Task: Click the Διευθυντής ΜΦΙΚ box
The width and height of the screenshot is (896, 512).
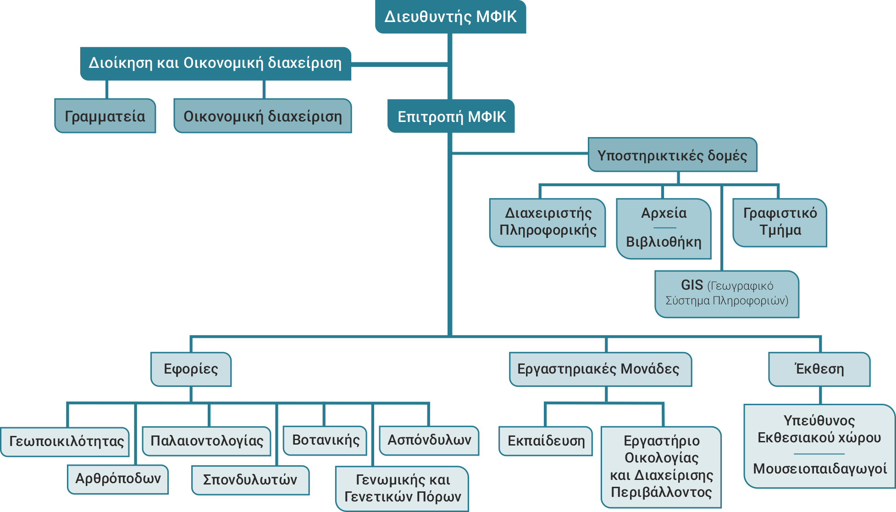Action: click(450, 17)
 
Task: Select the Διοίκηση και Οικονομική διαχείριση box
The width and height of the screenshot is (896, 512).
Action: click(215, 63)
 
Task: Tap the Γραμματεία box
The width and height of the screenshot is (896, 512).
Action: click(105, 116)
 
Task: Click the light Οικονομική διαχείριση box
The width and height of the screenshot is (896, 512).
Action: click(262, 116)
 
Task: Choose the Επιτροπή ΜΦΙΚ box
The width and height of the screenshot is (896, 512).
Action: click(451, 116)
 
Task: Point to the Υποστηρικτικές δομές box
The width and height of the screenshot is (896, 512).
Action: click(672, 155)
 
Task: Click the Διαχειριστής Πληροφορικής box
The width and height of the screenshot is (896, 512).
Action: click(548, 222)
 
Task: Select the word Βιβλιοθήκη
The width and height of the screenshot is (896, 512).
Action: click(664, 242)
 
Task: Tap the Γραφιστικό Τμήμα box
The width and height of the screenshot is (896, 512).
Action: click(780, 222)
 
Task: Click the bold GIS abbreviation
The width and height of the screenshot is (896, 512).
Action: click(691, 285)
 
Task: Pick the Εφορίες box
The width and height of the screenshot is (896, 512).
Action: click(191, 369)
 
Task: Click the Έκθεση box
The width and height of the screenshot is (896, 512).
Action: click(819, 369)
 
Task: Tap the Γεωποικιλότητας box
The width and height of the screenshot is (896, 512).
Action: click(66, 441)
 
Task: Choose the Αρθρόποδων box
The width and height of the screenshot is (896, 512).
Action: click(118, 479)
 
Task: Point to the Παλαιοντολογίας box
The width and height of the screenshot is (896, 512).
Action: click(207, 441)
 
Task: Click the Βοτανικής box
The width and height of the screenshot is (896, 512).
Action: click(326, 440)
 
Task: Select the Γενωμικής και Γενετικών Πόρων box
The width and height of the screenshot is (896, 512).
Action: click(402, 488)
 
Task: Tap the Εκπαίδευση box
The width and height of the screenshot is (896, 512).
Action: click(546, 441)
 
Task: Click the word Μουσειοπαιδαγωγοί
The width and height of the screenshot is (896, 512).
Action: click(819, 468)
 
